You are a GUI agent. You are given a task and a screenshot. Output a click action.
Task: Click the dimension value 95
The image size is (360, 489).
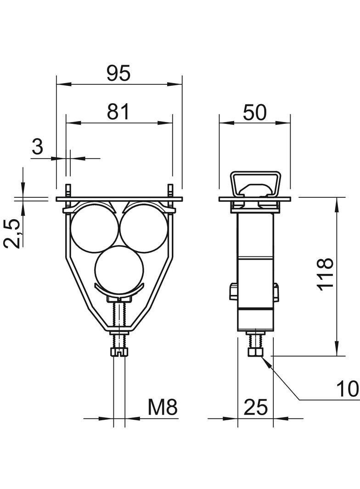[118, 74]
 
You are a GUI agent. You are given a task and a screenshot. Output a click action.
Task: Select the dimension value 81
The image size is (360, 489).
[118, 112]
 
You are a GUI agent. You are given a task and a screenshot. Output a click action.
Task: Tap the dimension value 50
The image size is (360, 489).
[255, 112]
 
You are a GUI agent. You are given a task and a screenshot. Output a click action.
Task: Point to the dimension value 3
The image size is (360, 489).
[38, 147]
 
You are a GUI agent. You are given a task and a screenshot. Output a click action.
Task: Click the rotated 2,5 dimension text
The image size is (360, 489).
[12, 233]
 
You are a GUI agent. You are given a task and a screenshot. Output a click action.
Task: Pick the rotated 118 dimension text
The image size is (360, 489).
[326, 274]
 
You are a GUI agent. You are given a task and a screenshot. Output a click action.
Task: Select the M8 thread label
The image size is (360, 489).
[163, 407]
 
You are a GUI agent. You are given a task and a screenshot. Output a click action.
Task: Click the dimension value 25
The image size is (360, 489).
[255, 407]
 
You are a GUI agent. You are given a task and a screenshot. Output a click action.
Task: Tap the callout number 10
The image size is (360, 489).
[348, 389]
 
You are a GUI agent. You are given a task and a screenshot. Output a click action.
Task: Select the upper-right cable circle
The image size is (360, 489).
[144, 228]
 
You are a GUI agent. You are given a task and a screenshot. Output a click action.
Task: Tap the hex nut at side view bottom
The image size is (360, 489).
[256, 352]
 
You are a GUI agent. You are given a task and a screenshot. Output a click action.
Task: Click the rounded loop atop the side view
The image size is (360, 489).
[256, 184]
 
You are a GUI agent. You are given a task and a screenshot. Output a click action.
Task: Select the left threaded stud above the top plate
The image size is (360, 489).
[68, 190]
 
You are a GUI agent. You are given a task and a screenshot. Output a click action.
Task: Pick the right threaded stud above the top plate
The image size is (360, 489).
[170, 190]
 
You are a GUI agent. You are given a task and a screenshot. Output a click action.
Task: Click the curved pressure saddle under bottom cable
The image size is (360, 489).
[119, 291]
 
